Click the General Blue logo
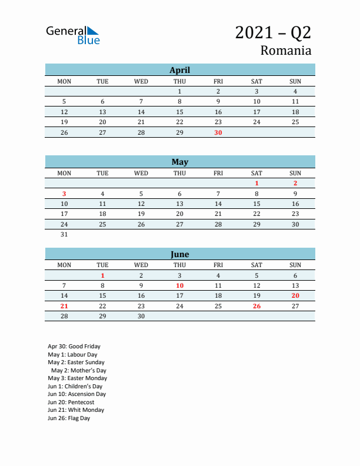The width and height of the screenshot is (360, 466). click(x=73, y=35)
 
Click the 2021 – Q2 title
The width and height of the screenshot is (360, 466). click(x=273, y=32)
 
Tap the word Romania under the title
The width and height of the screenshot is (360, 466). click(x=286, y=51)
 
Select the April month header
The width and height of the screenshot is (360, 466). click(x=179, y=70)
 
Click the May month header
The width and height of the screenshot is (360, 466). click(x=179, y=162)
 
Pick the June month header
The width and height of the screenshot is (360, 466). click(x=179, y=254)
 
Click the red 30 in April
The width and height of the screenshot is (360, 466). click(x=218, y=133)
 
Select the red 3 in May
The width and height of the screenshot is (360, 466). click(x=64, y=194)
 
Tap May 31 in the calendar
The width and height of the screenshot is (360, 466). click(x=64, y=234)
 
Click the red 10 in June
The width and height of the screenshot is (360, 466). click(x=179, y=285)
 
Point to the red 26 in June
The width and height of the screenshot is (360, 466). click(x=256, y=306)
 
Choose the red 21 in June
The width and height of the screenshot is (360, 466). click(x=64, y=306)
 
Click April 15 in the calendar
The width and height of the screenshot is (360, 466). click(x=179, y=112)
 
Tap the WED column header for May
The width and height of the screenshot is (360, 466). click(x=141, y=173)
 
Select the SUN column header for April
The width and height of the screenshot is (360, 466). click(x=295, y=81)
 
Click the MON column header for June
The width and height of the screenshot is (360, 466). click(x=64, y=265)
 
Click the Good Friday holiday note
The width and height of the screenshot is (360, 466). click(x=74, y=347)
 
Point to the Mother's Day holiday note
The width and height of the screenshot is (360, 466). click(x=78, y=371)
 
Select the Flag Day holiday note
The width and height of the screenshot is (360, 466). click(x=69, y=418)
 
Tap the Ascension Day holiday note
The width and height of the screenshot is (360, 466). click(x=76, y=394)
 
